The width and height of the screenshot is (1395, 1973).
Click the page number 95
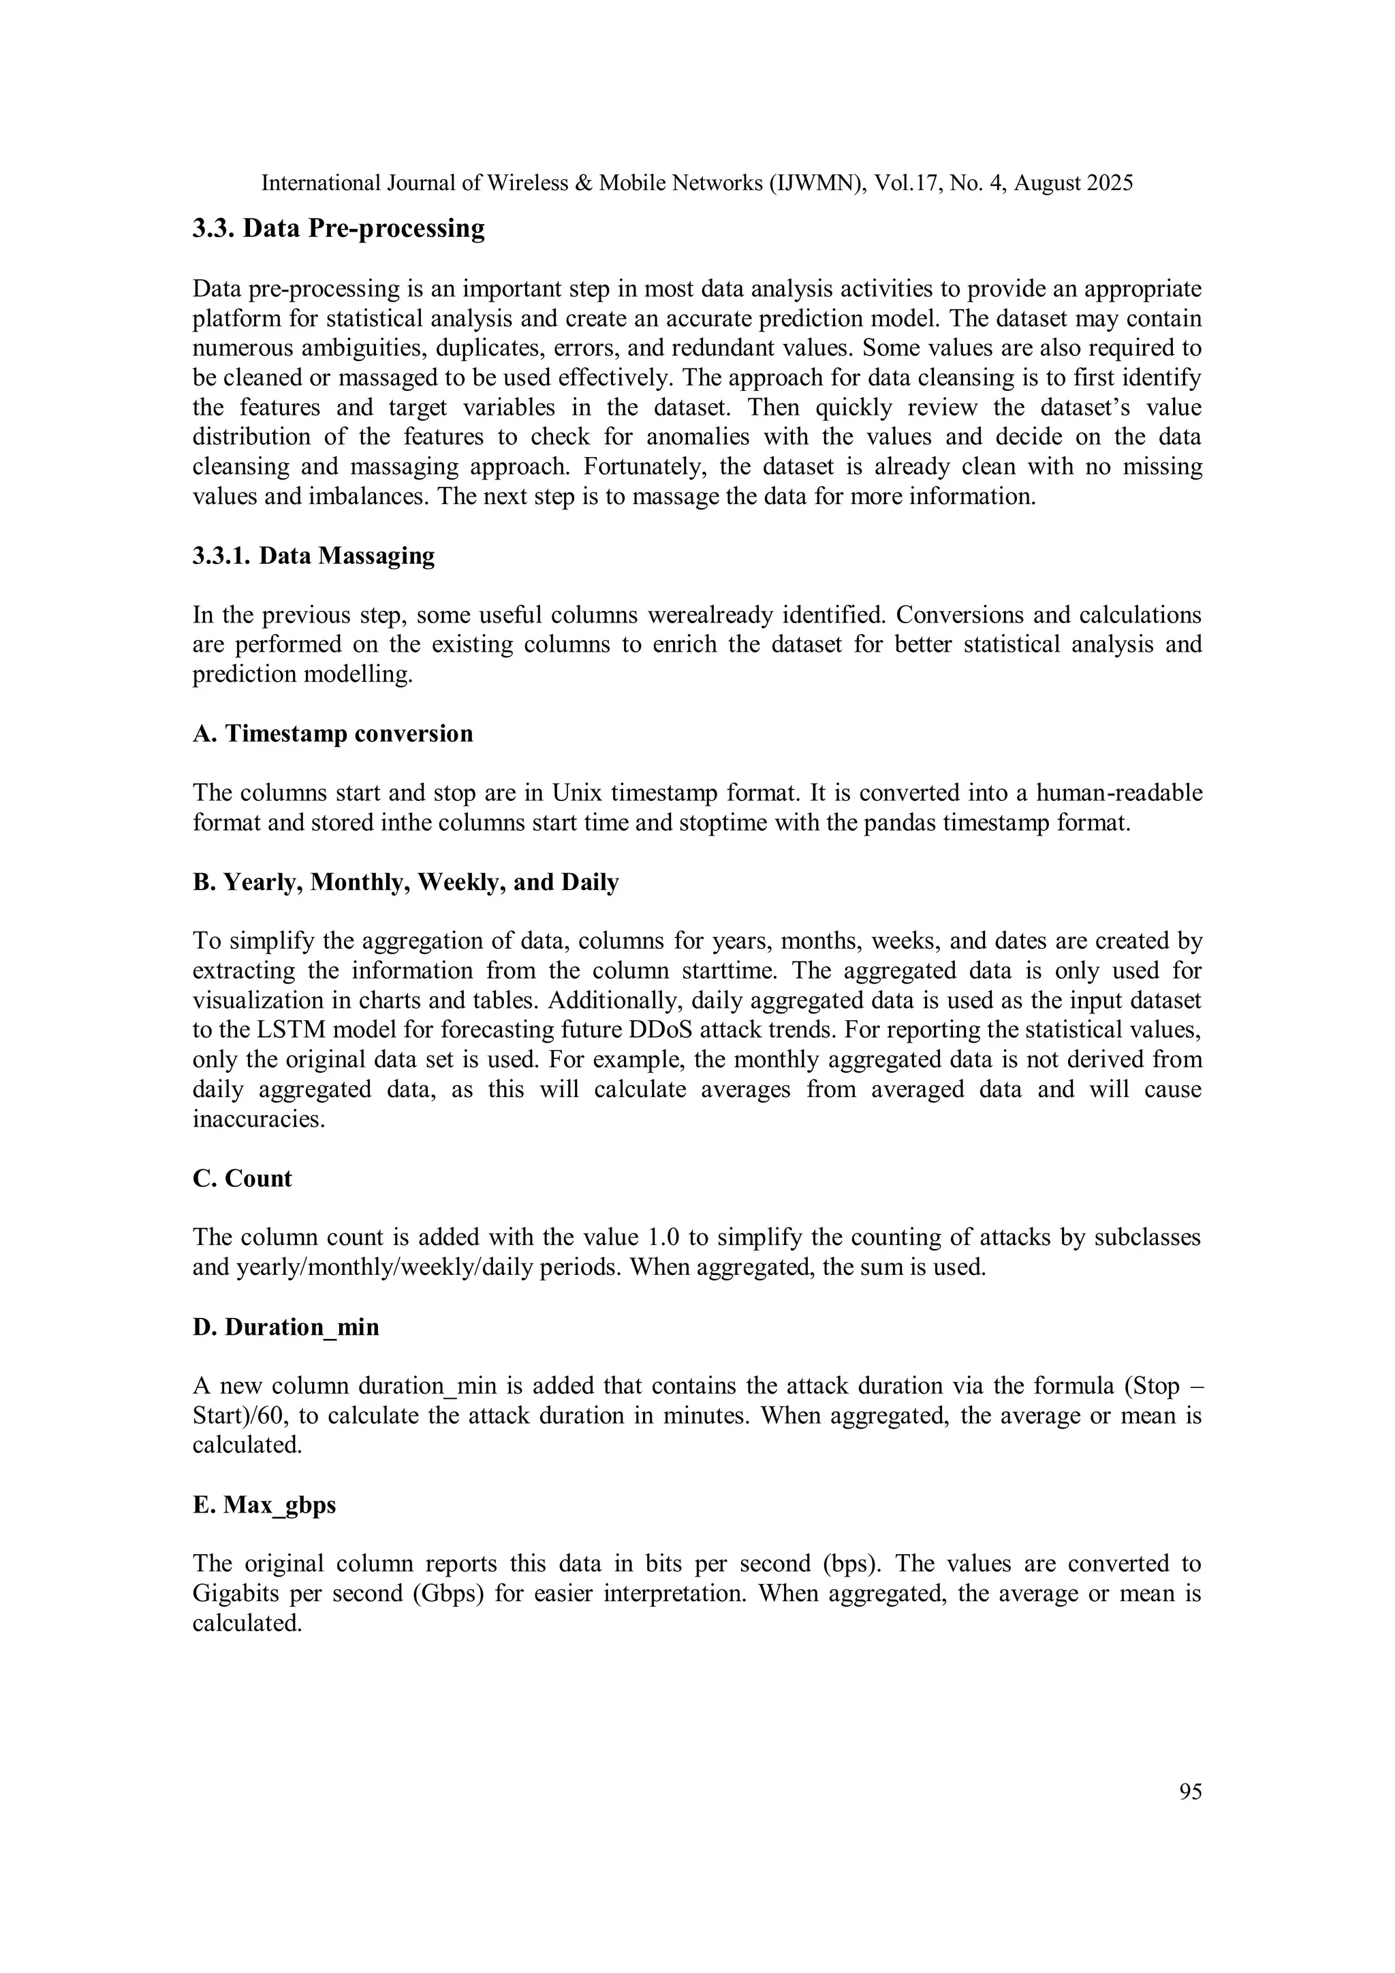point(1191,1792)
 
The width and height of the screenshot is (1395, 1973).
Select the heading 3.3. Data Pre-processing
point(338,229)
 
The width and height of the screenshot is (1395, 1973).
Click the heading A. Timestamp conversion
point(332,734)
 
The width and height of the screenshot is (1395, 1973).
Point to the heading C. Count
point(242,1178)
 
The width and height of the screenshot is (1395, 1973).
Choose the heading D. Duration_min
point(285,1327)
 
